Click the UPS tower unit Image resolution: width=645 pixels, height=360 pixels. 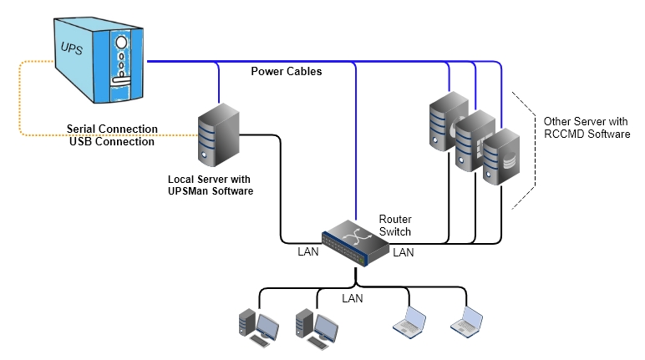coord(95,58)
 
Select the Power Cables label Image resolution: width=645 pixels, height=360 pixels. coord(287,72)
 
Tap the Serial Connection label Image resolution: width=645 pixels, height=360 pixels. coord(112,129)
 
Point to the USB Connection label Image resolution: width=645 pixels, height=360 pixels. coord(112,142)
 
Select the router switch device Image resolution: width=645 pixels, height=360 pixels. coord(358,242)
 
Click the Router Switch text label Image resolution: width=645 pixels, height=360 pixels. coord(395,225)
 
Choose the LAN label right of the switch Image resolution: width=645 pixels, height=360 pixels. coord(404,251)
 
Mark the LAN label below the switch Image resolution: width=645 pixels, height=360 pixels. coord(353,297)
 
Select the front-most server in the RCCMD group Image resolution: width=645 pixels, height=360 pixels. coord(501,158)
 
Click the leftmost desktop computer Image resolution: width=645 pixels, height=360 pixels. coord(256,326)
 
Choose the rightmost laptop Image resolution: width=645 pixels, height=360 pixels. coord(466,322)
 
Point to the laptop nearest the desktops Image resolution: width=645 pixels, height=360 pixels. coord(409,322)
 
